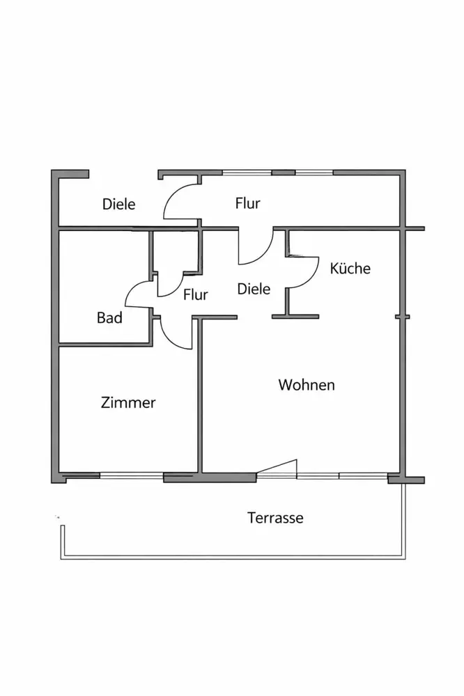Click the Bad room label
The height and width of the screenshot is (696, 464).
(x=109, y=318)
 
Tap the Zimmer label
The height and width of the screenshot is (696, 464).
(x=128, y=402)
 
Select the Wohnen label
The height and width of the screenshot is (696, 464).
(x=307, y=384)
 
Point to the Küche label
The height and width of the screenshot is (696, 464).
(x=350, y=268)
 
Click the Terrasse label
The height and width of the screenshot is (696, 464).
(x=275, y=518)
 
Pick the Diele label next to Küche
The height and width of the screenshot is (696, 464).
(x=254, y=288)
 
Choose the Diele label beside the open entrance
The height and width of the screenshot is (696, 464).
(x=119, y=205)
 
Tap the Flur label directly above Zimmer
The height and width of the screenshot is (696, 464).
(x=196, y=294)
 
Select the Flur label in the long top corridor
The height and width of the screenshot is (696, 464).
(x=247, y=203)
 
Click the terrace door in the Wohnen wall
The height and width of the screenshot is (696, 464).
(x=277, y=468)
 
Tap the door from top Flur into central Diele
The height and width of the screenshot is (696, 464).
(x=255, y=248)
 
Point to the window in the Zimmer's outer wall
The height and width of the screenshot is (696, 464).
(x=132, y=475)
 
